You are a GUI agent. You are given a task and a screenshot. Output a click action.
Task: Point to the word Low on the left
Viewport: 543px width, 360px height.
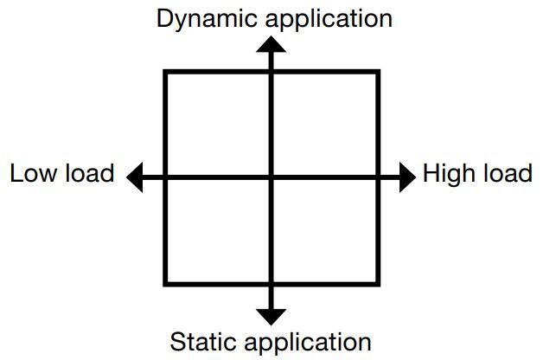point(34,173)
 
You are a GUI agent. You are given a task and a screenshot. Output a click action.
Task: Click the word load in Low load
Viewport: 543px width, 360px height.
point(90,173)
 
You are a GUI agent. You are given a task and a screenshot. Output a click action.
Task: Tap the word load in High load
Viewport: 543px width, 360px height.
point(504,173)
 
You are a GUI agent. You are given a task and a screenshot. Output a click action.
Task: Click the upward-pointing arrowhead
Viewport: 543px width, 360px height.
point(271,48)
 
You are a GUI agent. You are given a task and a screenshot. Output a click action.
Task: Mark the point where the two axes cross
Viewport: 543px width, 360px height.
point(271,178)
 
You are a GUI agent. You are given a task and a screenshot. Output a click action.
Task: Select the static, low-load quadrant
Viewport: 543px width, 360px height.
point(218,230)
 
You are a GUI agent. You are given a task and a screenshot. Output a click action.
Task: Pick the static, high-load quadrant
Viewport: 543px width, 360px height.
point(324,230)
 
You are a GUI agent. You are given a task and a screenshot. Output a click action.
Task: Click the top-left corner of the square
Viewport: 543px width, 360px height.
point(166,73)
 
